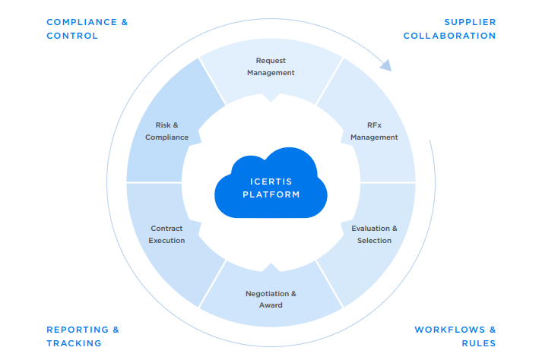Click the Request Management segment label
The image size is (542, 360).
coord(271,67)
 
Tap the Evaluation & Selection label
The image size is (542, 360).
coord(374,234)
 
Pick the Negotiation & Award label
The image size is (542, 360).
coord(271,299)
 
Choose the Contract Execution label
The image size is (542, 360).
coord(166,234)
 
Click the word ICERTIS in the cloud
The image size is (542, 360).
coord(271,181)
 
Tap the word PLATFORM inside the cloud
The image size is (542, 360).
coord(271,194)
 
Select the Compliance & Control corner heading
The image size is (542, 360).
coord(87,29)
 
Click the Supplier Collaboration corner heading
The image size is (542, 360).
coord(449,29)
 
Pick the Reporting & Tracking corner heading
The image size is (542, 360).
coord(83,336)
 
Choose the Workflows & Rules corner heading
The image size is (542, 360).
coord(455,336)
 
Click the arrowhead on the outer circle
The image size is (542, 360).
coord(386,65)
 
